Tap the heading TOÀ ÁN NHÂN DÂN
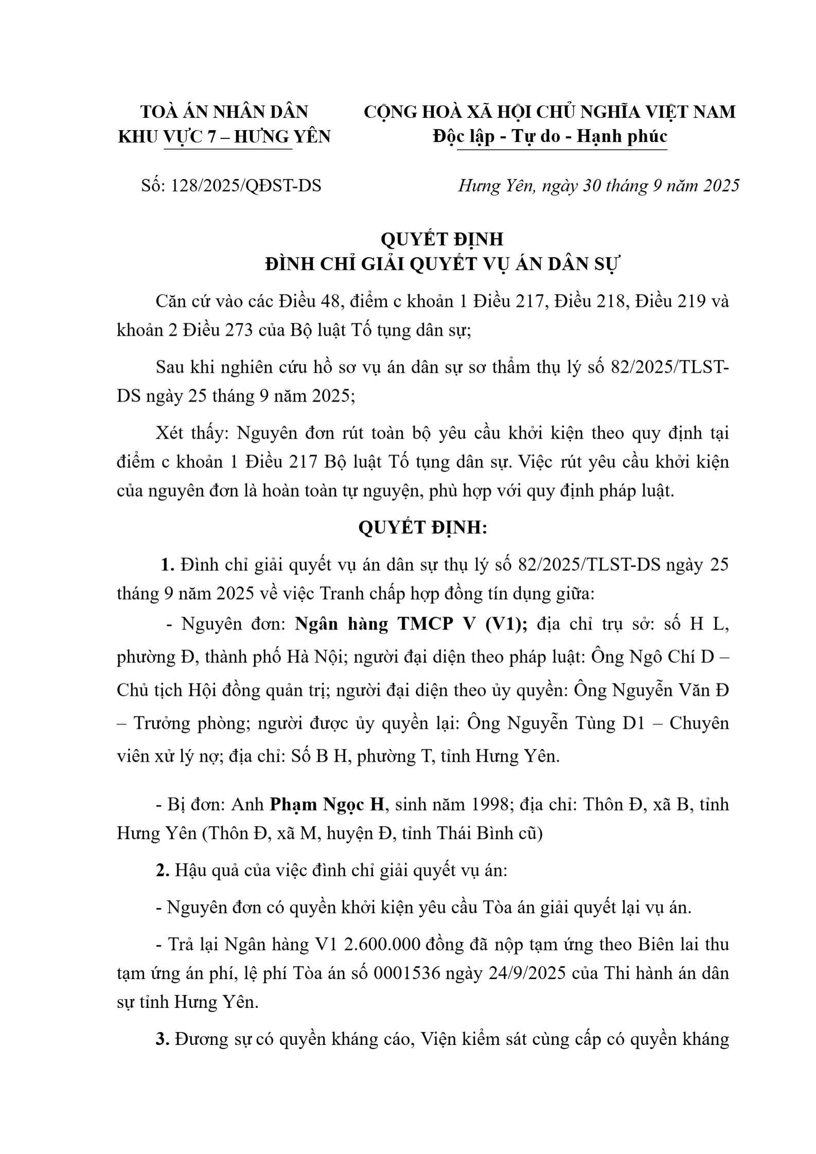(224, 112)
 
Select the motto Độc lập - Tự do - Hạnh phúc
(550, 136)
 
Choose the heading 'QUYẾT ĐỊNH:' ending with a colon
(422, 528)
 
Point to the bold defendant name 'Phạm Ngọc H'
(328, 804)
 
